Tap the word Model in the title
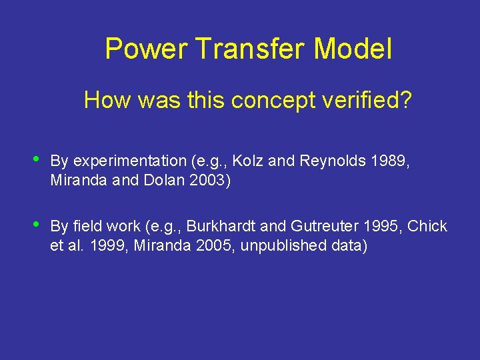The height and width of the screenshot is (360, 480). [x=353, y=49]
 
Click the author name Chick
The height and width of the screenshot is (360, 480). [x=427, y=227]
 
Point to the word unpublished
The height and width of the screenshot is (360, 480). [x=284, y=246]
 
